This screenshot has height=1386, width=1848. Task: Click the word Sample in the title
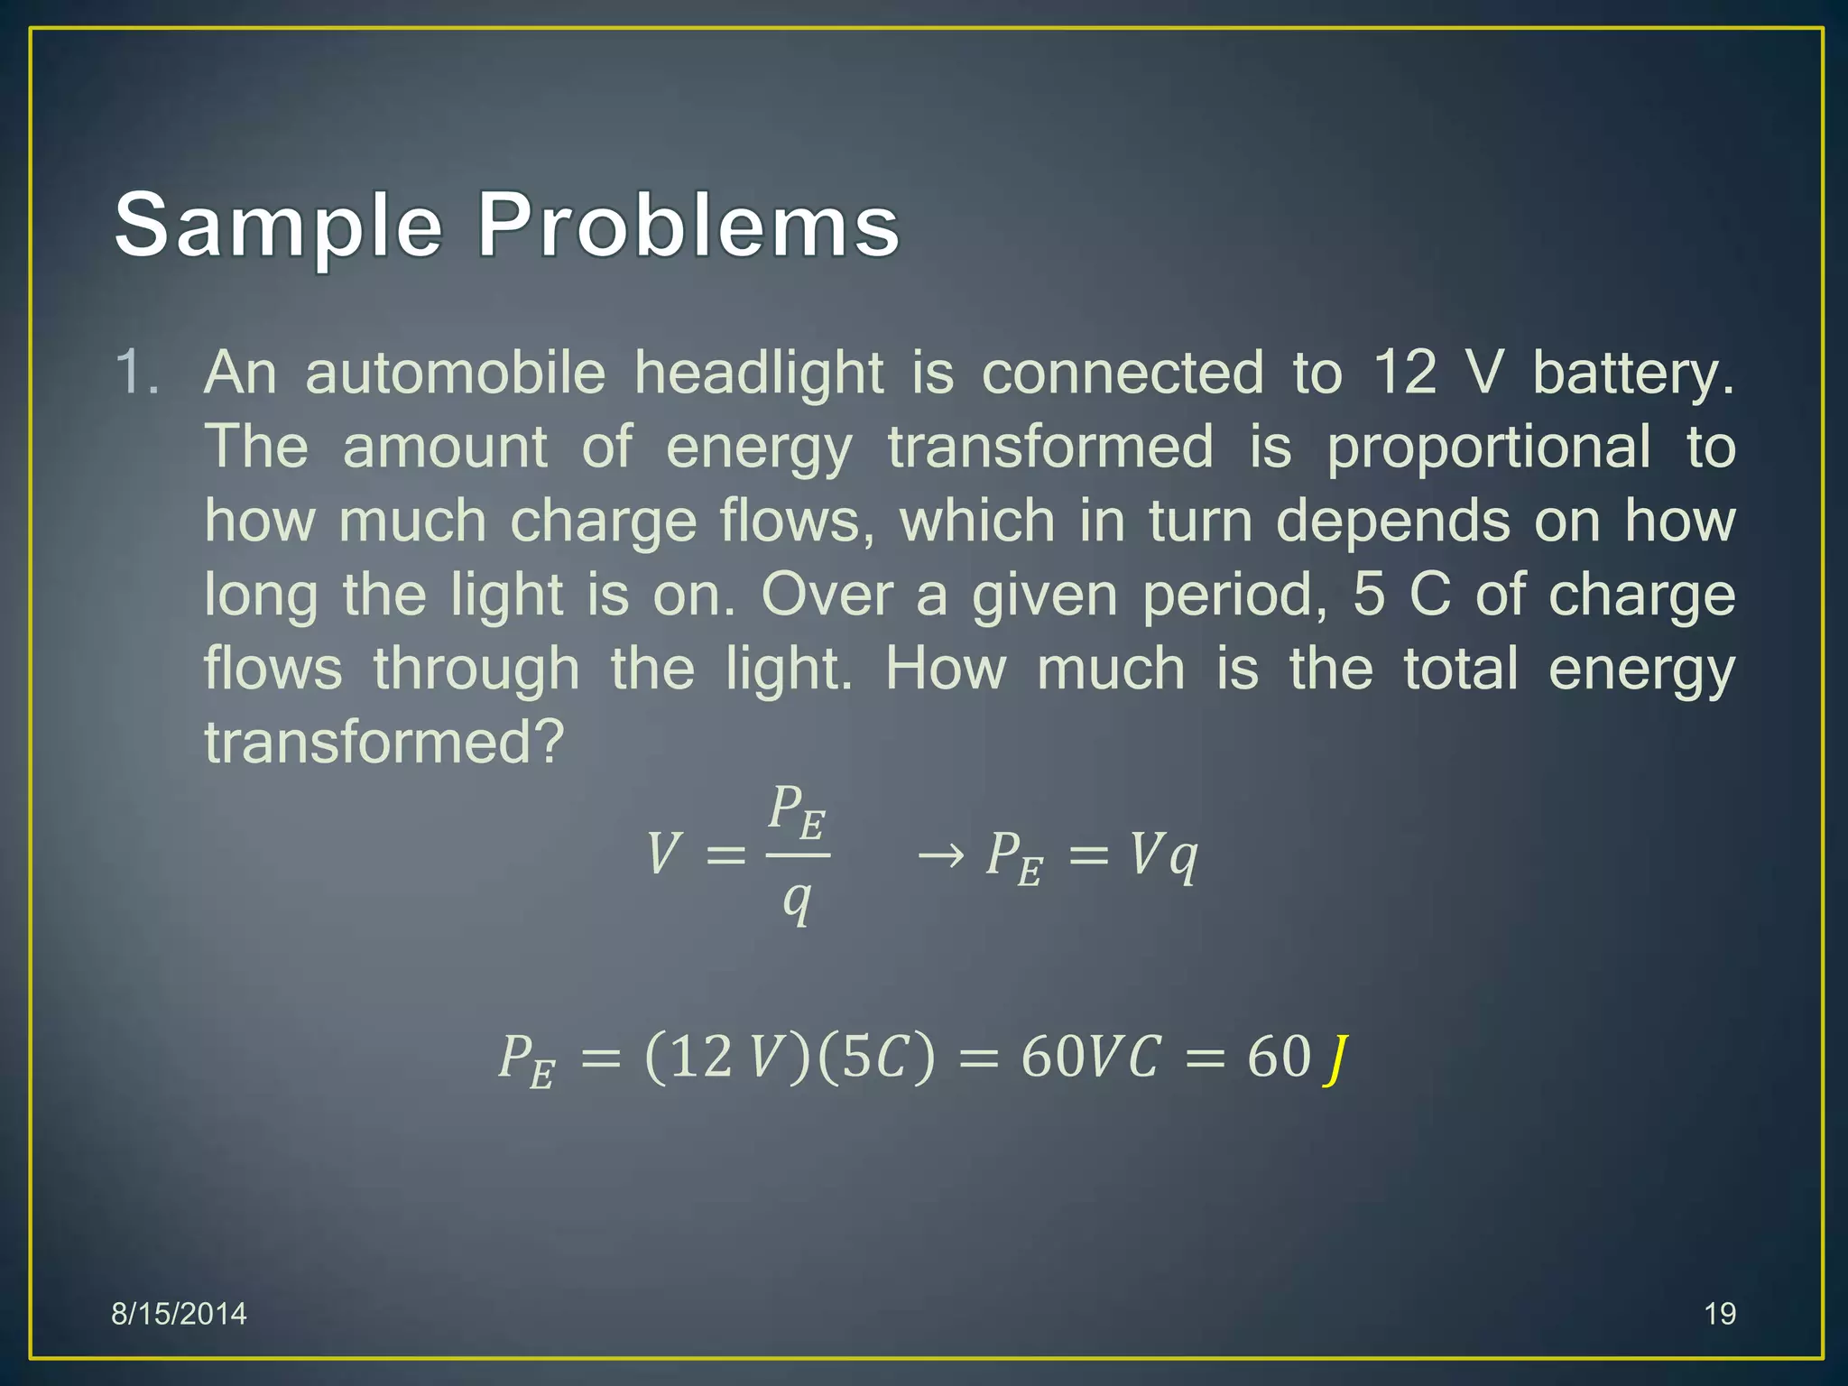pyautogui.click(x=278, y=226)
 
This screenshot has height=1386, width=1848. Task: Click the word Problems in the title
pyautogui.click(x=688, y=226)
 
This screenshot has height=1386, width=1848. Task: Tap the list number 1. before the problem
pyautogui.click(x=137, y=372)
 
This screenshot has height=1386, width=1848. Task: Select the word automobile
pyautogui.click(x=455, y=372)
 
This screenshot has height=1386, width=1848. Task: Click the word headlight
pyautogui.click(x=758, y=372)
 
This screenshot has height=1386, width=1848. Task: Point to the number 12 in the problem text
pyautogui.click(x=1404, y=372)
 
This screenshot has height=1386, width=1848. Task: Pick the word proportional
pyautogui.click(x=1488, y=448)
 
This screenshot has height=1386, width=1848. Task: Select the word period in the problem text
pyautogui.click(x=1233, y=596)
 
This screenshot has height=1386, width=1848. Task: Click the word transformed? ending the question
pyautogui.click(x=383, y=743)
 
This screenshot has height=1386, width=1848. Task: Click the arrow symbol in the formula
pyautogui.click(x=941, y=854)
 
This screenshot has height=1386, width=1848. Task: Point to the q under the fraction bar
pyautogui.click(x=797, y=901)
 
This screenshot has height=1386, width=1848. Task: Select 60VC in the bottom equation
pyautogui.click(x=1090, y=1057)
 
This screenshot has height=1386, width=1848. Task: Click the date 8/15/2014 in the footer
pyautogui.click(x=179, y=1314)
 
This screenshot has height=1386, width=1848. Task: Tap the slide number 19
pyautogui.click(x=1720, y=1314)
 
